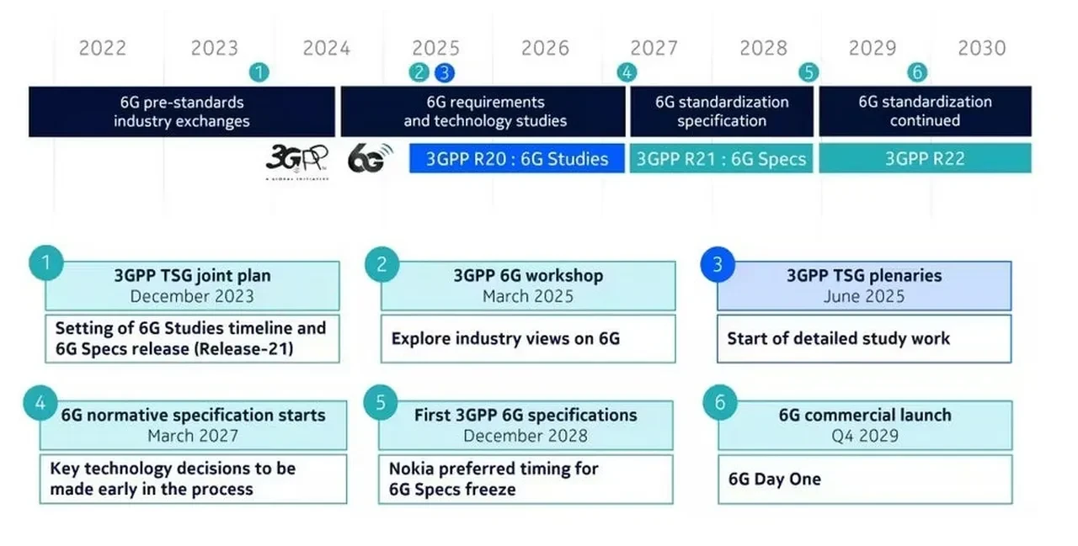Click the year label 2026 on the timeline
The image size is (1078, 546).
[545, 48]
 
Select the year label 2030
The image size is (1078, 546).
[981, 48]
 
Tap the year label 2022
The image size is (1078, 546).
[103, 48]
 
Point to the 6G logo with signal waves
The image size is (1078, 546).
[370, 157]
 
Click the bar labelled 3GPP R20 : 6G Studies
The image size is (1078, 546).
[517, 159]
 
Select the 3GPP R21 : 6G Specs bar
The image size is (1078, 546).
[721, 159]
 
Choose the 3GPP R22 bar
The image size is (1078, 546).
[925, 159]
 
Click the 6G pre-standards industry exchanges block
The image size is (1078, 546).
[182, 112]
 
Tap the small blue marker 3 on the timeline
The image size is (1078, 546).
[445, 73]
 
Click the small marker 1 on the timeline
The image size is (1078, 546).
[259, 73]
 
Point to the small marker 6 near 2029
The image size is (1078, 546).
[917, 73]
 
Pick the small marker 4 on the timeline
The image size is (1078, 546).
[626, 73]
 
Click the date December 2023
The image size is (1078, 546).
[192, 296]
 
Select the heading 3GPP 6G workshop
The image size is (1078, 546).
[528, 276]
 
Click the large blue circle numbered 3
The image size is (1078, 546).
[718, 265]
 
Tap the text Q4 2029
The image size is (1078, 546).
[865, 436]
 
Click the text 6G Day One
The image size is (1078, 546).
[775, 480]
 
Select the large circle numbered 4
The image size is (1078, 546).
[40, 404]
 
